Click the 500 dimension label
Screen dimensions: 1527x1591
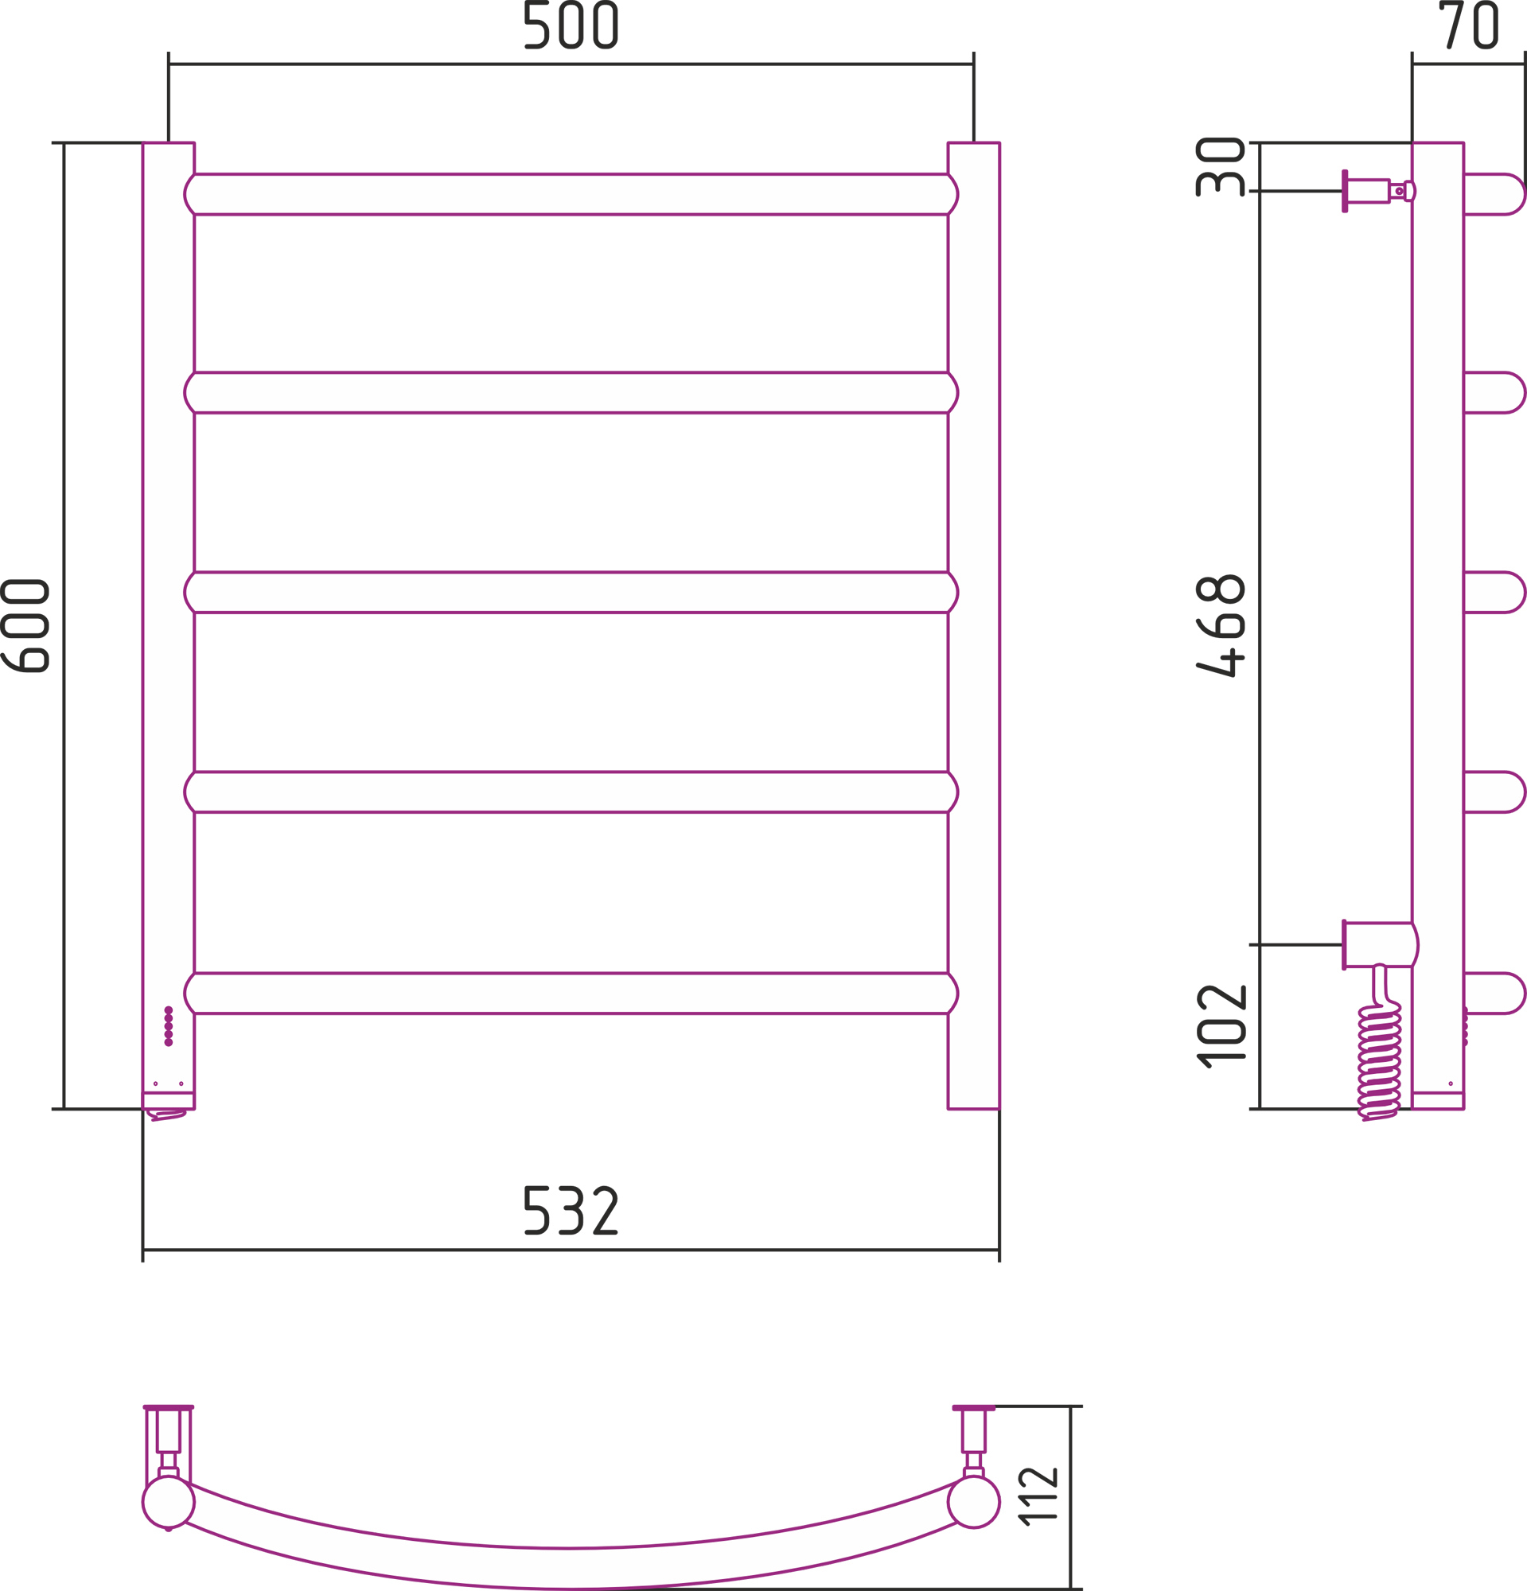click(571, 25)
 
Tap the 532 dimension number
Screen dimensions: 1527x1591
click(571, 1211)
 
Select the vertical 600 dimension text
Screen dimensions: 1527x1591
click(25, 625)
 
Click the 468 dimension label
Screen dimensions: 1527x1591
click(1220, 625)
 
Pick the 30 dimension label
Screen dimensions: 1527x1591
click(1220, 166)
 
